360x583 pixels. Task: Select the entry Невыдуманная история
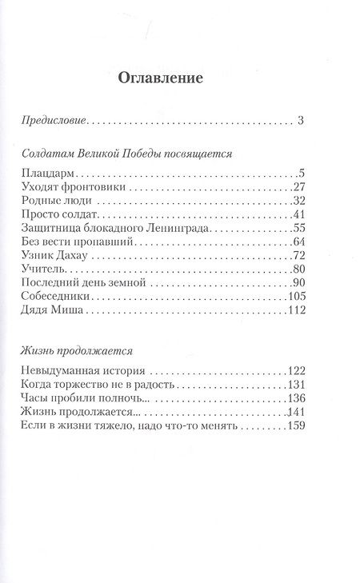tap(78, 371)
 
